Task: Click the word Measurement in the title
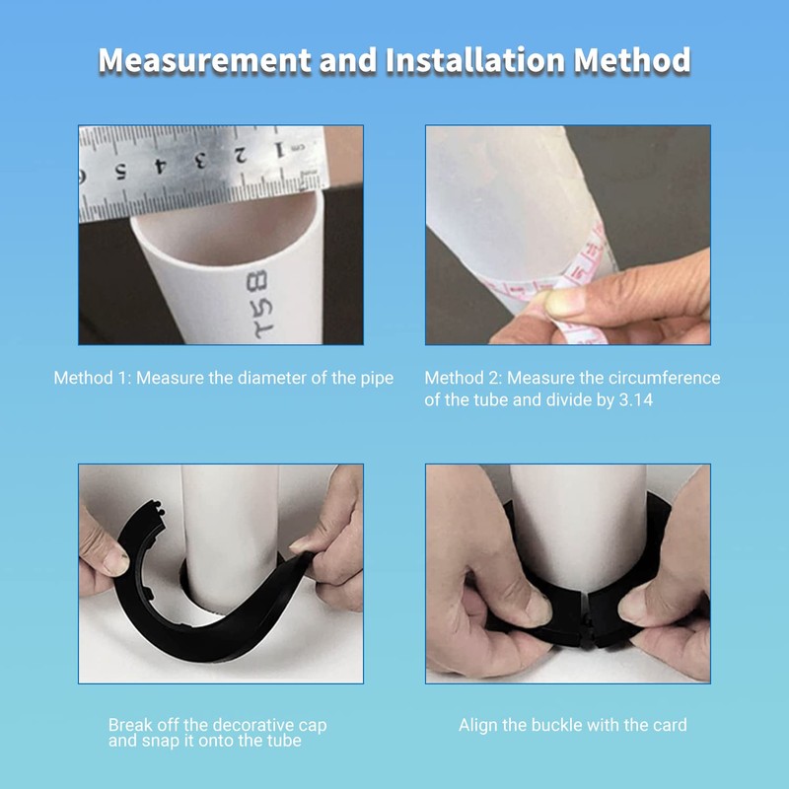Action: click(x=204, y=60)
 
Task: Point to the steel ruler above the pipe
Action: click(x=197, y=170)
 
